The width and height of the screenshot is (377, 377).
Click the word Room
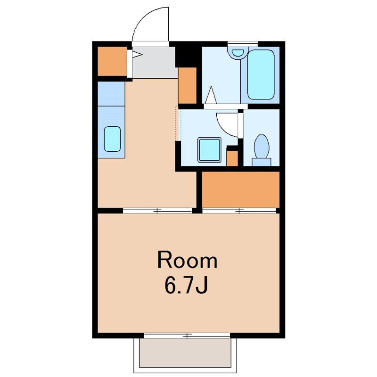point(187,260)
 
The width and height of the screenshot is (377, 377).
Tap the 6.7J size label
point(186,286)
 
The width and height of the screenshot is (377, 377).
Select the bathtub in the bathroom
point(261,74)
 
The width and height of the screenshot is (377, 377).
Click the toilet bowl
point(262,146)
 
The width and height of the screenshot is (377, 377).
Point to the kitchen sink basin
point(112,139)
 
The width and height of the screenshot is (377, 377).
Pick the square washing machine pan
point(209,150)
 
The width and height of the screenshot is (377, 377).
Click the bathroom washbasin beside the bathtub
point(238,52)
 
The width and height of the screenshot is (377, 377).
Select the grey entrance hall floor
point(154,62)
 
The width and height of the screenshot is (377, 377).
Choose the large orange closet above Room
point(241,189)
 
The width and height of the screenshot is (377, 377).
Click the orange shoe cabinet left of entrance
point(112,61)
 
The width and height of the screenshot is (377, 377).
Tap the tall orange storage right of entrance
point(187,86)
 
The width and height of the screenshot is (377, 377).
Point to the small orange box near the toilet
point(232,158)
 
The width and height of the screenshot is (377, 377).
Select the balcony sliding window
point(187,335)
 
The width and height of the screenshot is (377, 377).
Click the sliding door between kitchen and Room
point(157,211)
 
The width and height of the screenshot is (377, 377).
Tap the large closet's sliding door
point(239,211)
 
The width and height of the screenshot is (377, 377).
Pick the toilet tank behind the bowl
point(262,162)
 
